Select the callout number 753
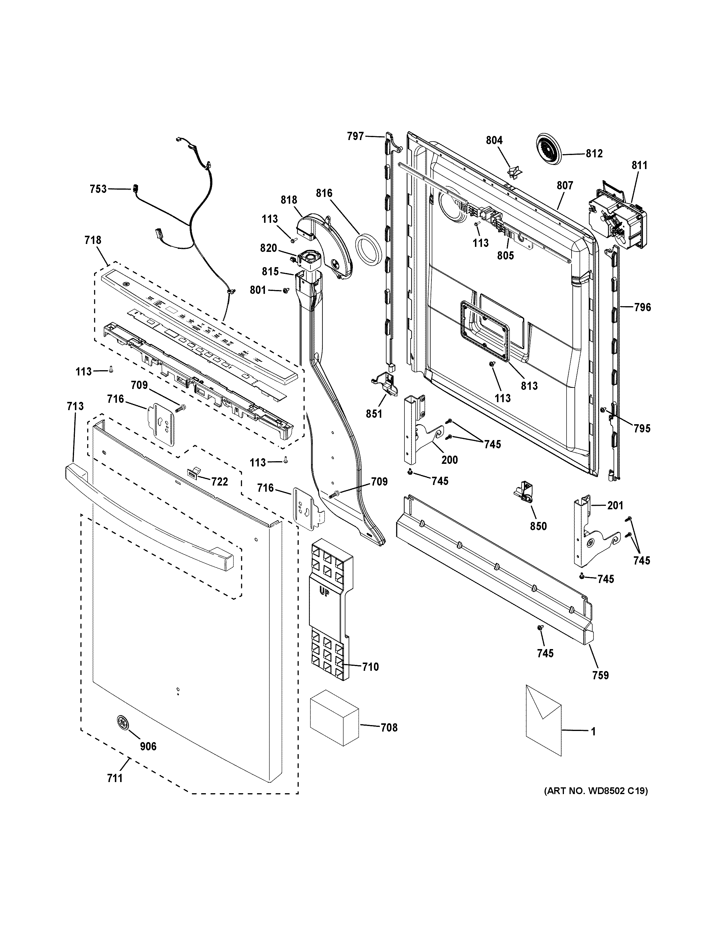(x=98, y=189)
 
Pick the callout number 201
(x=615, y=506)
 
